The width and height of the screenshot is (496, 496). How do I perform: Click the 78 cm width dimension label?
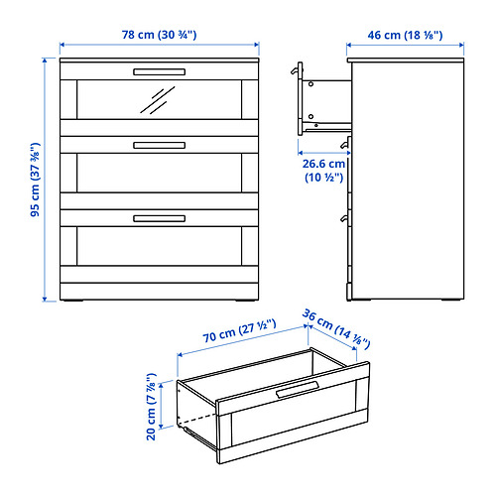(159, 34)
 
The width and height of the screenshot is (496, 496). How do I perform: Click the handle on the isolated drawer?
(297, 389)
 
